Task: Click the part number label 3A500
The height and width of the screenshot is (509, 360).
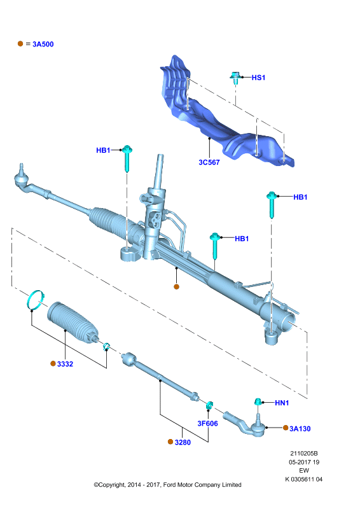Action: click(x=43, y=44)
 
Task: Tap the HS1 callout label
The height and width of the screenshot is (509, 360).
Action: click(x=258, y=78)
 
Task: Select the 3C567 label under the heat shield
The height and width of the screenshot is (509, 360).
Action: click(x=209, y=162)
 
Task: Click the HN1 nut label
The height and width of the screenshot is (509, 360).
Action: click(x=282, y=403)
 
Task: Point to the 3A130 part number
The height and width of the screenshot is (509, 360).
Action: click(x=300, y=429)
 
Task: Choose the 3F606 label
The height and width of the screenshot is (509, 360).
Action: click(x=208, y=424)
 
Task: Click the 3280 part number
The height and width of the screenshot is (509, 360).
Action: click(x=183, y=442)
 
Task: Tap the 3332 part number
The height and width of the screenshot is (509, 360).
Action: click(x=65, y=364)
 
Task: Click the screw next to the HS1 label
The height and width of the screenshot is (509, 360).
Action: click(x=236, y=78)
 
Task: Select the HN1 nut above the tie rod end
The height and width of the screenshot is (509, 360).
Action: click(x=258, y=402)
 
